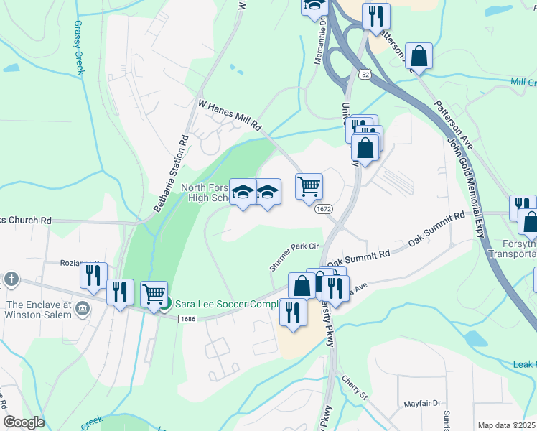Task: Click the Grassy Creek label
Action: [x=78, y=47]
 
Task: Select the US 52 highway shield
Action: [x=366, y=73]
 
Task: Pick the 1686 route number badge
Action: [x=188, y=319]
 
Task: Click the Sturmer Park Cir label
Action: [x=294, y=256]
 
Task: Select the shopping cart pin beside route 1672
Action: [x=309, y=186]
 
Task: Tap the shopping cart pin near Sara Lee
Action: [x=154, y=295]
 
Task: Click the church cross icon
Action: [x=11, y=279]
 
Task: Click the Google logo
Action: [x=24, y=422]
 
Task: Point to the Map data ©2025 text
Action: [x=507, y=425]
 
